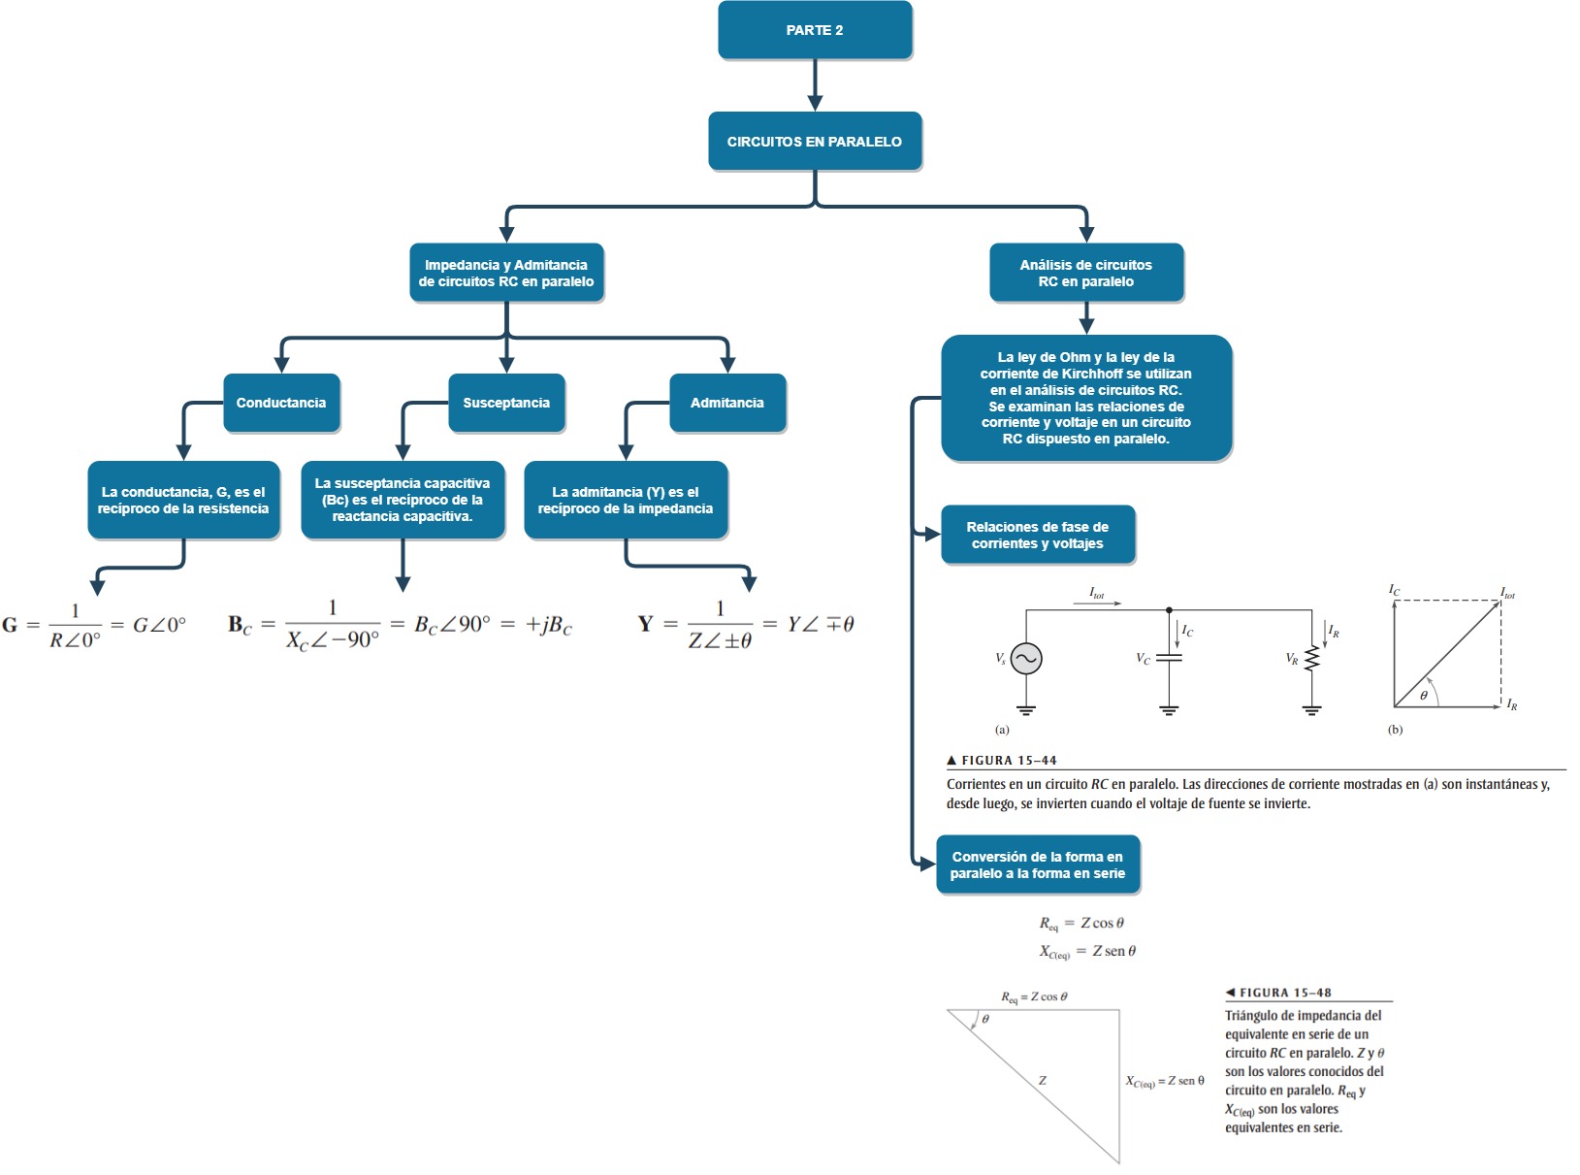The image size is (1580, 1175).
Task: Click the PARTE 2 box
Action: click(815, 30)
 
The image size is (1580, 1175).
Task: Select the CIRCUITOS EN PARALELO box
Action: click(815, 142)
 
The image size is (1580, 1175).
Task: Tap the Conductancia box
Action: click(281, 403)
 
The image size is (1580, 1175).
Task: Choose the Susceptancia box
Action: click(506, 403)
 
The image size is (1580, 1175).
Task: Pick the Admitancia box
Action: click(727, 403)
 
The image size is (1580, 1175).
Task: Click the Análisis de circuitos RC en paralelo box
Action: click(1086, 273)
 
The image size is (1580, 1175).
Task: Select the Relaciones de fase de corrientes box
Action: click(1038, 535)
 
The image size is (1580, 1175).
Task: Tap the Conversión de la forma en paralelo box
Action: click(1038, 865)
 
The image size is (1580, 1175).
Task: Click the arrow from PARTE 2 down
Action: click(815, 87)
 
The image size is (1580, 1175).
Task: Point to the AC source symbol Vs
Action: click(1026, 659)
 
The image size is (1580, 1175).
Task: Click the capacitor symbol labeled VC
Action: click(1169, 658)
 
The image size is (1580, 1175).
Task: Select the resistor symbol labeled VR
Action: click(1312, 659)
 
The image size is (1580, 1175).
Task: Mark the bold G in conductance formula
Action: click(10, 625)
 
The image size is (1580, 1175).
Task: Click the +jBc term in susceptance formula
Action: click(548, 626)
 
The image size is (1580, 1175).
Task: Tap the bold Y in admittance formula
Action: click(646, 624)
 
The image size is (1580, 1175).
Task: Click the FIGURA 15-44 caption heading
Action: click(1009, 761)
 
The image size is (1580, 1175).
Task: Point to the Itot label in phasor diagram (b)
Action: click(1507, 592)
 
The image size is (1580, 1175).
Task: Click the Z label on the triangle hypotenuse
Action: click(1043, 1080)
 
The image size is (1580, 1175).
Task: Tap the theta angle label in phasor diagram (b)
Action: click(1424, 695)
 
